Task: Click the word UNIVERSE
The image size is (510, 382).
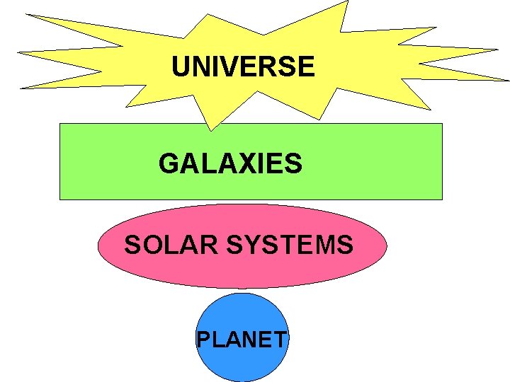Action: tap(243, 67)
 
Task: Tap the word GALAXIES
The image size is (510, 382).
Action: tap(230, 164)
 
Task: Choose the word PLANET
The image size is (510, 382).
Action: tap(241, 340)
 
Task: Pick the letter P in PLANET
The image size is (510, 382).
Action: tap(203, 340)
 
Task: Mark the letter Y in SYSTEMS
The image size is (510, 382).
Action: tap(254, 245)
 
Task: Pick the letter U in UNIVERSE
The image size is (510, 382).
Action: tap(182, 67)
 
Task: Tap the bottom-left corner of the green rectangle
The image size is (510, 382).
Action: tap(59, 199)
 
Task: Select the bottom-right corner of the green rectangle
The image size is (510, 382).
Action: tap(442, 199)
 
